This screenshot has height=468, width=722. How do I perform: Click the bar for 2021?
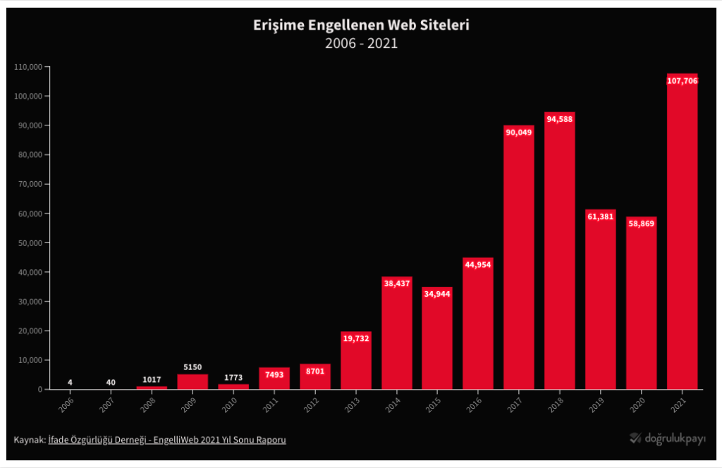click(682, 233)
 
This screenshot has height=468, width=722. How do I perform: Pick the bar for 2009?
click(192, 381)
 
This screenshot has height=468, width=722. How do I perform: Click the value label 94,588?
click(559, 120)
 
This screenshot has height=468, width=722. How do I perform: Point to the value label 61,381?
click(600, 216)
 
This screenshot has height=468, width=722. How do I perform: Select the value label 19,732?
click(355, 338)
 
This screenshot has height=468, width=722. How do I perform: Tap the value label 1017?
click(152, 380)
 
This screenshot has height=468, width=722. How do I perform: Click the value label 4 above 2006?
click(70, 383)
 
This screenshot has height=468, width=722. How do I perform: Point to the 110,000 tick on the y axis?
click(28, 67)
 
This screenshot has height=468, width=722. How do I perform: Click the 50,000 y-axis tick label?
click(30, 243)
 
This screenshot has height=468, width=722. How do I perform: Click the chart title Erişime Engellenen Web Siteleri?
click(361, 25)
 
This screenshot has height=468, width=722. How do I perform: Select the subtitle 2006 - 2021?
click(361, 43)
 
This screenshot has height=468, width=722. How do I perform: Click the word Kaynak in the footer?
click(29, 440)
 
